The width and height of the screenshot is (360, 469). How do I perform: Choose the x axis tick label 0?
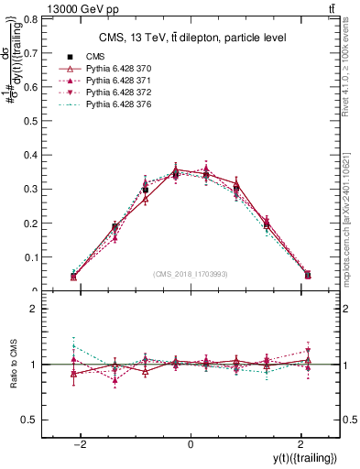(x=191, y=444)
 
